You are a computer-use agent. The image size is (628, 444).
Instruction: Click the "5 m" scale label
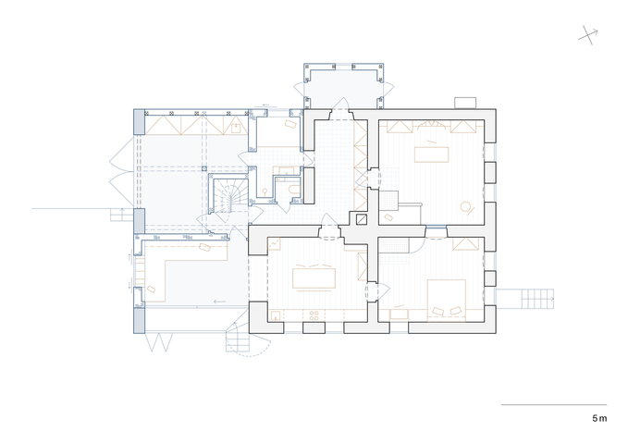click(x=599, y=418)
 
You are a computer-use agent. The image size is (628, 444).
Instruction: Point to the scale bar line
click(x=554, y=405)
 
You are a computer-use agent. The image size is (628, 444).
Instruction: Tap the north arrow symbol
click(x=588, y=35)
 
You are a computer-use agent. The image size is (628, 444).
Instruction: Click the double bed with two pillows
click(x=447, y=301)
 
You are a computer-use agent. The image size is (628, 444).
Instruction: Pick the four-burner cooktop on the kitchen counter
click(x=314, y=315)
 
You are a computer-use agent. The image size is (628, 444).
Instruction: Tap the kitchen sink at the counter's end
click(x=276, y=315)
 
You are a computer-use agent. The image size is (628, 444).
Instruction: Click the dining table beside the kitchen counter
click(x=314, y=278)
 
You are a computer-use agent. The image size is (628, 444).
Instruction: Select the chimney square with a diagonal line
click(x=362, y=219)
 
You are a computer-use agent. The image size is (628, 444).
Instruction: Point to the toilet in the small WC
click(x=294, y=190)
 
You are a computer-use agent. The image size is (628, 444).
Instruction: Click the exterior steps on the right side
click(x=537, y=299)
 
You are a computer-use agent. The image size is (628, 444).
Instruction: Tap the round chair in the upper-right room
click(x=467, y=207)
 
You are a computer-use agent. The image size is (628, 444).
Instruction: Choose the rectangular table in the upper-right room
click(x=431, y=154)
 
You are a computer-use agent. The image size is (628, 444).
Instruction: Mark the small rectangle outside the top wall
click(x=465, y=103)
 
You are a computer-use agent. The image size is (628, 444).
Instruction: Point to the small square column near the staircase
click(x=204, y=169)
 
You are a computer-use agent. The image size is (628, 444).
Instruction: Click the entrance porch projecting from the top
click(x=344, y=86)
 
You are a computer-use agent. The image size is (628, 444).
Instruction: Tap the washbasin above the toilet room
click(x=287, y=171)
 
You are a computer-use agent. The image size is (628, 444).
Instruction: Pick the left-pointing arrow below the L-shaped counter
click(x=219, y=302)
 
